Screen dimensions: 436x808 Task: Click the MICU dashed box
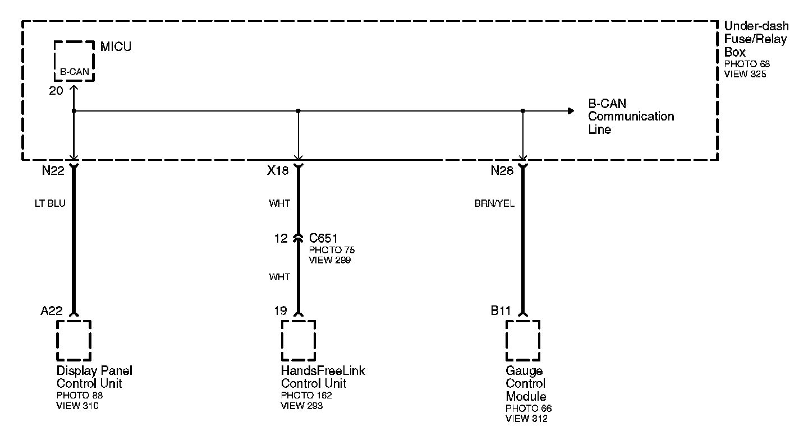point(74,61)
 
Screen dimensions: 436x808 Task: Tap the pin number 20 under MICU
point(56,91)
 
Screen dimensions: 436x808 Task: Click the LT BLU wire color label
point(50,203)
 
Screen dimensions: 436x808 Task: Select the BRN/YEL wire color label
point(494,203)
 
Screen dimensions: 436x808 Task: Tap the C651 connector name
point(324,239)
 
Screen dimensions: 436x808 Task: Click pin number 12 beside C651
point(281,239)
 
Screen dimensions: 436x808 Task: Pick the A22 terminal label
point(52,311)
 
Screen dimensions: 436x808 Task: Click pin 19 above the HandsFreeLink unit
point(281,311)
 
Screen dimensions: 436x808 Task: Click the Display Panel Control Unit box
point(74,340)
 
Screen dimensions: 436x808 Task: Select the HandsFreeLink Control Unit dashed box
point(298,340)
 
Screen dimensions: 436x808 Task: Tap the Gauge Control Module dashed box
point(522,340)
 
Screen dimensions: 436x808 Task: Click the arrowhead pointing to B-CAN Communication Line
point(571,111)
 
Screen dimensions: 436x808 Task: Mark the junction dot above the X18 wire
point(299,111)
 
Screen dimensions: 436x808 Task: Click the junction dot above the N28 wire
point(523,111)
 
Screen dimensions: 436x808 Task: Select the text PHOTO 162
point(304,395)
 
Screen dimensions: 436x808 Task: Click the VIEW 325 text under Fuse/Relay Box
point(745,74)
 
